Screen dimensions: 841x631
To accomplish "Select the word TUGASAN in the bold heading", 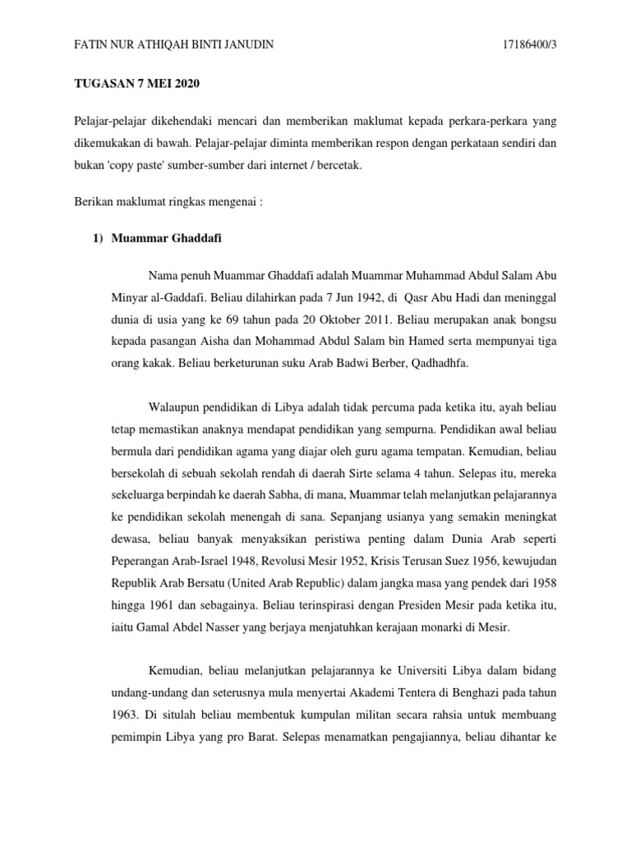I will pos(103,84).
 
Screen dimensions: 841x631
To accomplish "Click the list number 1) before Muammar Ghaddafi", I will pos(97,239).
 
